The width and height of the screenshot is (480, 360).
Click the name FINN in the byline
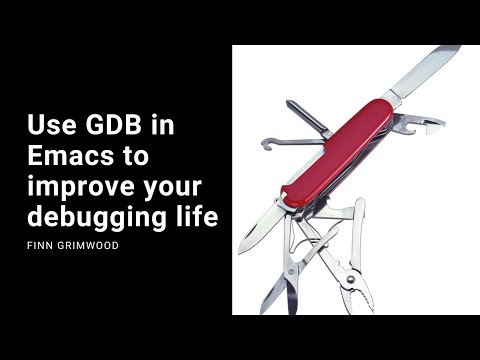point(41,242)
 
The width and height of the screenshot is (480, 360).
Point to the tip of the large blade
point(461,47)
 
